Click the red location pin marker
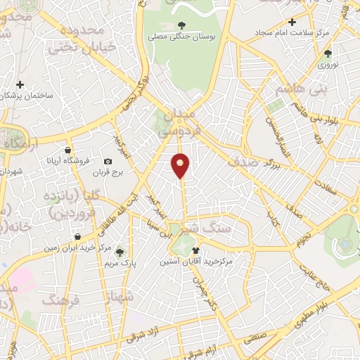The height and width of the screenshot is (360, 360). (x=181, y=165)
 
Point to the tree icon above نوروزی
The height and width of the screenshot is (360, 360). (x=328, y=53)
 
